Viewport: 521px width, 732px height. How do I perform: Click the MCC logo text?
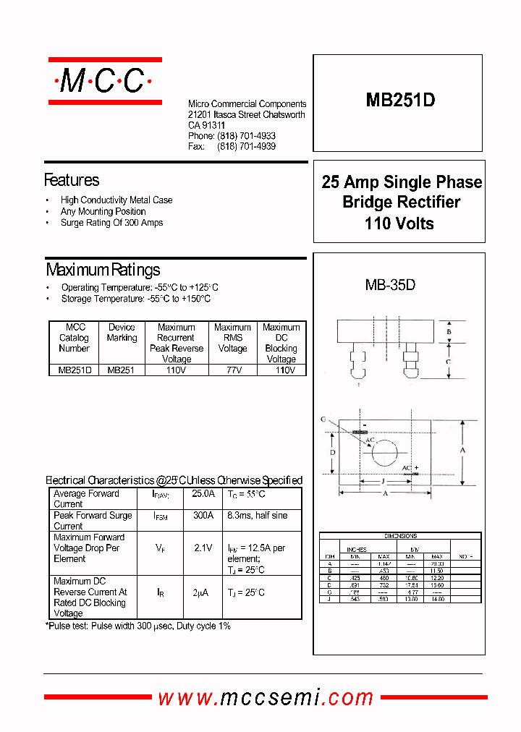[x=103, y=81]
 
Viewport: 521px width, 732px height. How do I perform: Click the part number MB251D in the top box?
[x=400, y=101]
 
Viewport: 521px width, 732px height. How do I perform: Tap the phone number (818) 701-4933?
[x=246, y=136]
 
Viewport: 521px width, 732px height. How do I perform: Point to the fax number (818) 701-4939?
[x=246, y=146]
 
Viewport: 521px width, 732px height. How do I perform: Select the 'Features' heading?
[x=72, y=179]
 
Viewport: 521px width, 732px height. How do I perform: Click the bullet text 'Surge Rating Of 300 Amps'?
[x=111, y=223]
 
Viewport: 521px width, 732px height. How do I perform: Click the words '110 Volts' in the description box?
[x=399, y=224]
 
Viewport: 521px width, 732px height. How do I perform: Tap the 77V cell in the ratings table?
[x=232, y=370]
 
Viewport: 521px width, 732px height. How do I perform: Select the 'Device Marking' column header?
[x=122, y=332]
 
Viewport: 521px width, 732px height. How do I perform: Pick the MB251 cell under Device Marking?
[x=122, y=370]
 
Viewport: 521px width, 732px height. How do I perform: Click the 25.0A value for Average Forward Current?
[x=203, y=494]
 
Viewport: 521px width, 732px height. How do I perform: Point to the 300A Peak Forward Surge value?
[x=203, y=516]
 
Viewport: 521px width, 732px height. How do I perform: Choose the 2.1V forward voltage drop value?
[x=203, y=548]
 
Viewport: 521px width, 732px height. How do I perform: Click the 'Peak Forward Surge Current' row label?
[x=93, y=521]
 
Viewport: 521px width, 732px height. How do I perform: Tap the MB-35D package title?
[x=390, y=285]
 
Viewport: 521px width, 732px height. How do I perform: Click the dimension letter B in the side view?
[x=449, y=332]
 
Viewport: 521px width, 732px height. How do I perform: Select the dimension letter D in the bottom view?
[x=333, y=452]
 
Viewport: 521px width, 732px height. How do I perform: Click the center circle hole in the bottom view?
[x=384, y=453]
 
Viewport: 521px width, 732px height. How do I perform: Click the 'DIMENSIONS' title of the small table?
[x=400, y=537]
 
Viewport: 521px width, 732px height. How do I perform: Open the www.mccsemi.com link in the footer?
[x=266, y=697]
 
